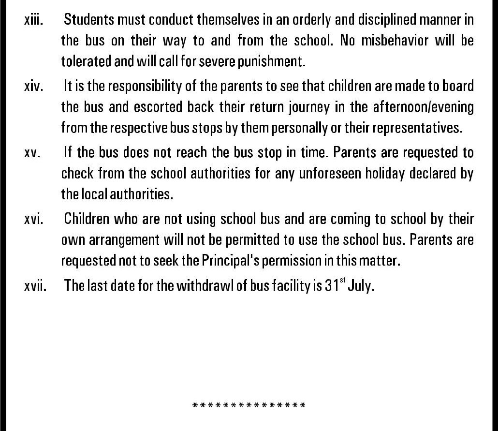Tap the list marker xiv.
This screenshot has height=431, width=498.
(x=33, y=87)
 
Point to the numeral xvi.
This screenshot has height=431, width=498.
(x=33, y=220)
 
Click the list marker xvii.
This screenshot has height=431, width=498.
(x=35, y=286)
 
